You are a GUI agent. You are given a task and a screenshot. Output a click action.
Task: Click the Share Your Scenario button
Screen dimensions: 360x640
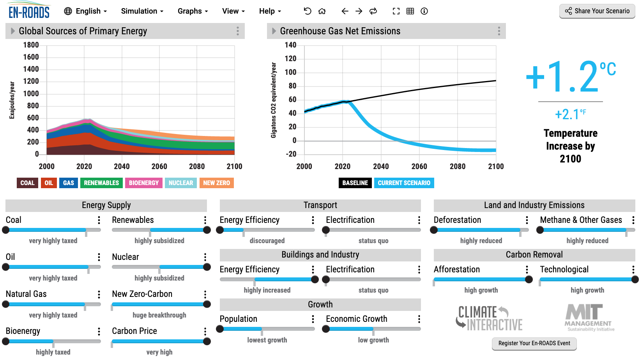[597, 11]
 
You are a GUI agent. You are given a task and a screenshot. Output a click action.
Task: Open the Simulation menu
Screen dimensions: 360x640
[142, 11]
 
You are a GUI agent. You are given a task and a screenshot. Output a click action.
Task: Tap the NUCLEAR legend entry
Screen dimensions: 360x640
[181, 183]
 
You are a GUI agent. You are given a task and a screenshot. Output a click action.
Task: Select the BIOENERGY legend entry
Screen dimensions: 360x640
[143, 183]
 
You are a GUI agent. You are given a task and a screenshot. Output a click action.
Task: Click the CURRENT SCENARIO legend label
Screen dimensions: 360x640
[404, 183]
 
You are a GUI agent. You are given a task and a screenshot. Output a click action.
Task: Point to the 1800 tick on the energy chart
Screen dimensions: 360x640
[31, 45]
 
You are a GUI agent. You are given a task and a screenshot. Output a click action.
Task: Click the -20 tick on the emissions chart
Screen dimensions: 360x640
[291, 154]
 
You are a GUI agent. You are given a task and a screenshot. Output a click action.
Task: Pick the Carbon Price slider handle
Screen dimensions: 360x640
[207, 341]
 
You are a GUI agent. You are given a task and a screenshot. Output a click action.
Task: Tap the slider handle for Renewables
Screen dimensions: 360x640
[207, 230]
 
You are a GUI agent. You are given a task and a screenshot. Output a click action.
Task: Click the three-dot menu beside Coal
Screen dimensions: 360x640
[99, 220]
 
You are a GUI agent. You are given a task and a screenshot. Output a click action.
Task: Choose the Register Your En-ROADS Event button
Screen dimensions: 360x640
[534, 343]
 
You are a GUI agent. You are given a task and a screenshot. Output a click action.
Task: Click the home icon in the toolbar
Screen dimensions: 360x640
[322, 11]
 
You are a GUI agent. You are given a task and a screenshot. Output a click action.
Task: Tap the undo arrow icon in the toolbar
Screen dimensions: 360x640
[308, 11]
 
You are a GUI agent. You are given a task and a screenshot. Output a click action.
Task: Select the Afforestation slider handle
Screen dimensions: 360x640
[529, 279]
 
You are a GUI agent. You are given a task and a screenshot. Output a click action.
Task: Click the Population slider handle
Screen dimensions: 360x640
[220, 329]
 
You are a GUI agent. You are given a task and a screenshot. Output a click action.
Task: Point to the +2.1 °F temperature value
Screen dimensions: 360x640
[570, 114]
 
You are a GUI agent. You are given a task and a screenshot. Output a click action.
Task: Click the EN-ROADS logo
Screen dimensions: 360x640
[29, 11]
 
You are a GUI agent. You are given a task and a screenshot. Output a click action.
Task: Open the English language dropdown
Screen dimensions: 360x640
[85, 11]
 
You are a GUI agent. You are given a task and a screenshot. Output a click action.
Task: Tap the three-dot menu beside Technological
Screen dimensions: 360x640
[633, 270]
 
